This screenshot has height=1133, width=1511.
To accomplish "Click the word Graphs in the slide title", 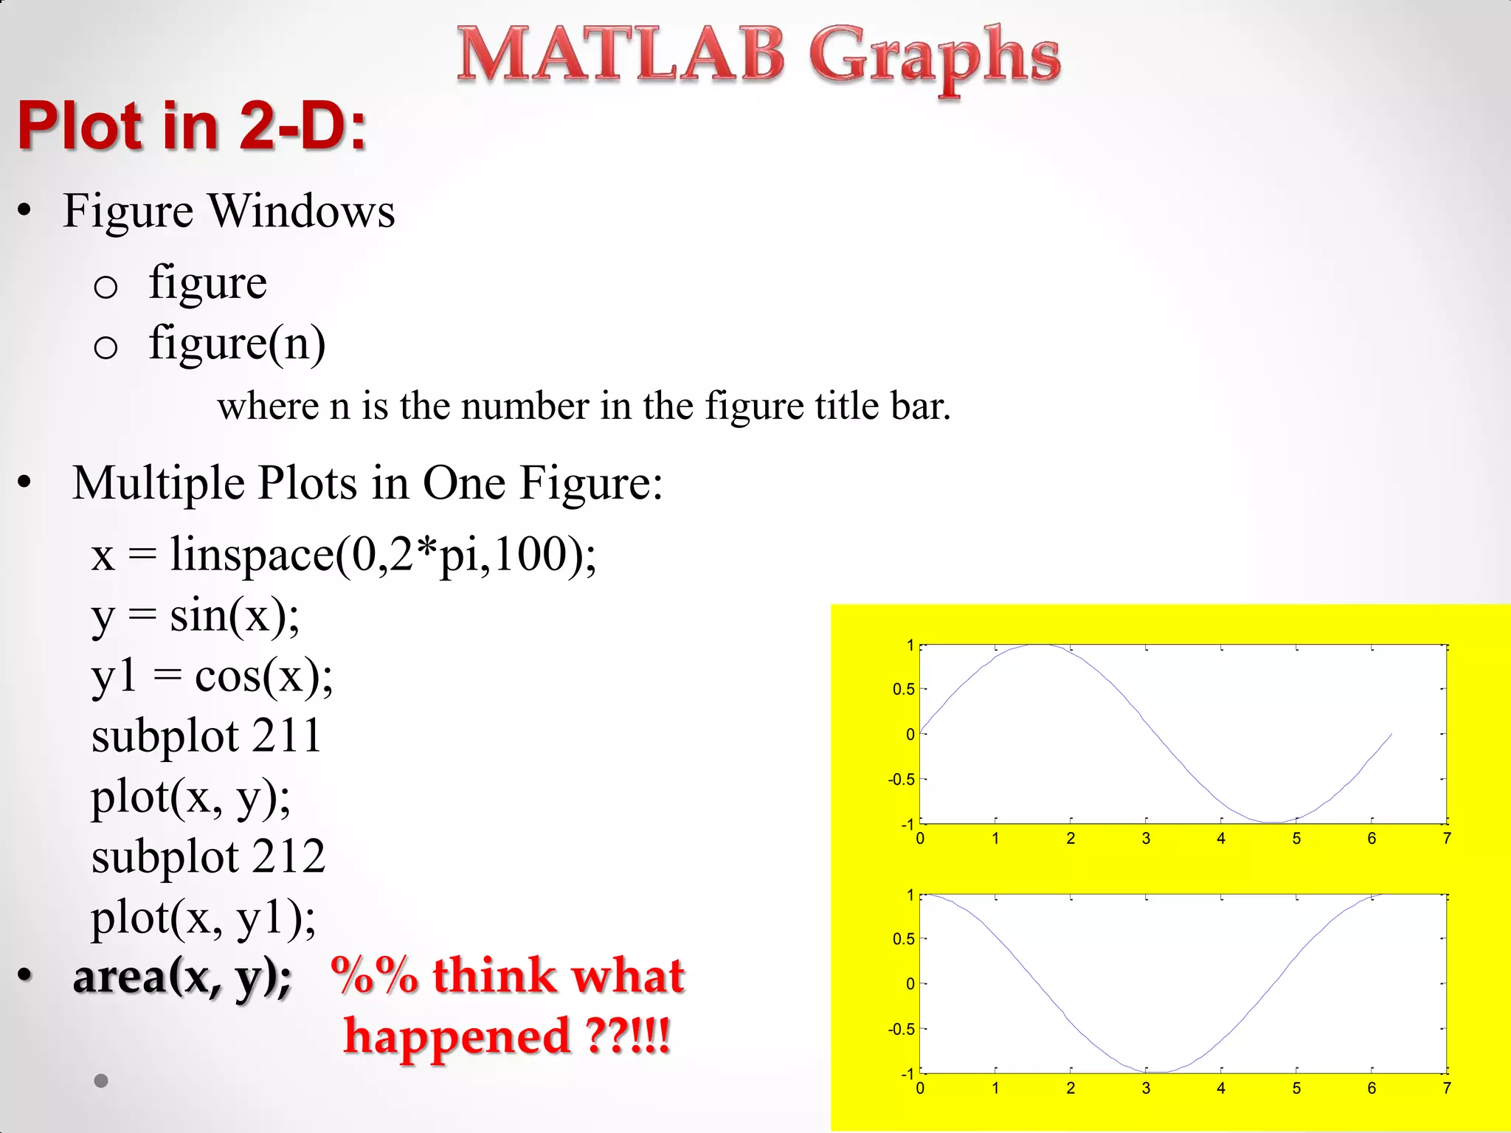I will click(x=934, y=58).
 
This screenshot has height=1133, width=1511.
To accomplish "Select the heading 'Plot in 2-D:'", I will click(x=192, y=126).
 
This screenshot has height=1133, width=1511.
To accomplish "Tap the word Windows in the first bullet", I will click(x=302, y=212).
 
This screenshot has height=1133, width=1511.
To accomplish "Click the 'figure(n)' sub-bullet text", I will click(x=237, y=344).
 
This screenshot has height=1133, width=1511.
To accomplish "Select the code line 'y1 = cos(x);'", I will click(x=212, y=676).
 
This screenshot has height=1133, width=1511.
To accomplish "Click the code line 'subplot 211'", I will click(x=207, y=736).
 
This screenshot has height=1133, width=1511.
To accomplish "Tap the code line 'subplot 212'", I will click(x=208, y=857).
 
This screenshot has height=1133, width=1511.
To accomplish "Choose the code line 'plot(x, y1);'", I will click(x=204, y=918).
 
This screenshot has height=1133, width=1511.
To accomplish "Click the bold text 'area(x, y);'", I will click(x=182, y=977).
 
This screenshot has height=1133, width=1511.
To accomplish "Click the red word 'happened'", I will click(x=457, y=1036).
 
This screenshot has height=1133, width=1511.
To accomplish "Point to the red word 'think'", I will click(x=494, y=975).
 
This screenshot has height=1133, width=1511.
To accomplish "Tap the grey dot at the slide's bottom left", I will click(x=102, y=1081).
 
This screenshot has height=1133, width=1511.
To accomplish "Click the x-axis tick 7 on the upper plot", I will click(x=1447, y=839).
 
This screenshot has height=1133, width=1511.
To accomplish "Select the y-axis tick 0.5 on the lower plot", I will click(x=903, y=939).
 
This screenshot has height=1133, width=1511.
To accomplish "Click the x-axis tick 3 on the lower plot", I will click(x=1146, y=1089).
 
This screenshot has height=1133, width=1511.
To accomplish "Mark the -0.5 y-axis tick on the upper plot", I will click(x=901, y=780).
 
